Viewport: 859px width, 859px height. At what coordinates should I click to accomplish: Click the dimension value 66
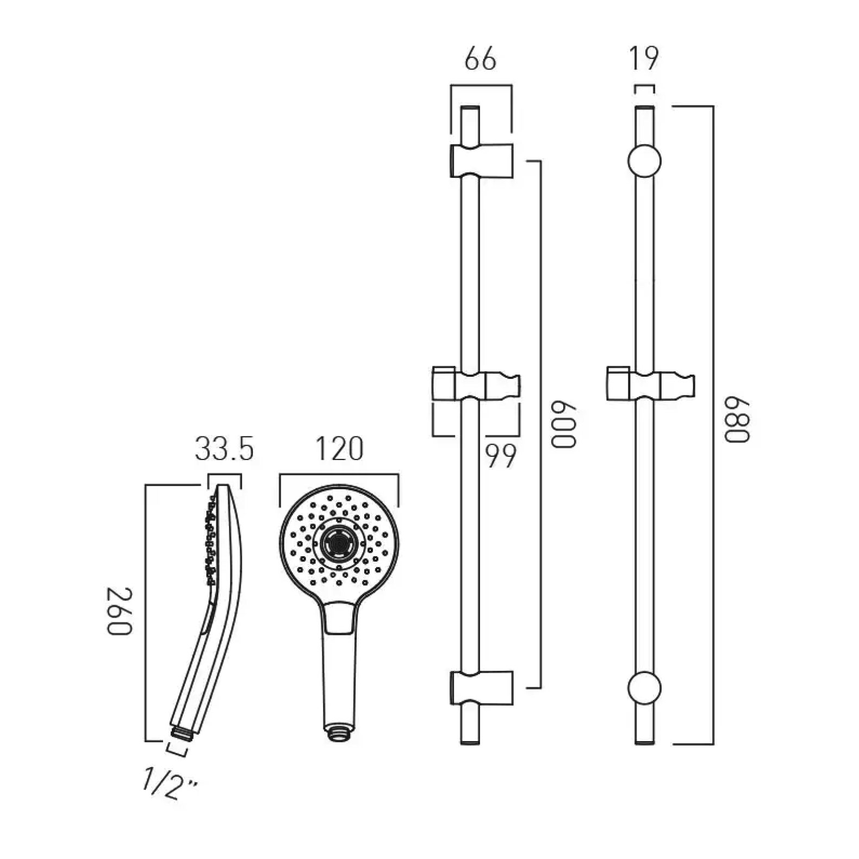point(481,59)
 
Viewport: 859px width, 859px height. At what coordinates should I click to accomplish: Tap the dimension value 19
point(645,59)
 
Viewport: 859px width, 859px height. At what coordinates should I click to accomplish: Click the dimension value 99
point(500,457)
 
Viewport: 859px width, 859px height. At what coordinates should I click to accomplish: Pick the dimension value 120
point(339,450)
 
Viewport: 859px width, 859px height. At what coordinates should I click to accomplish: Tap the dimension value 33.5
point(225,450)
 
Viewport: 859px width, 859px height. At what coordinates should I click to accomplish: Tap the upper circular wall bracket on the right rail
point(644,161)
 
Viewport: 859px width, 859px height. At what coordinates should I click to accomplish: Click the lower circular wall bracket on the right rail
point(644,687)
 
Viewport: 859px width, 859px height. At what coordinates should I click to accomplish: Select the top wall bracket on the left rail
point(481,160)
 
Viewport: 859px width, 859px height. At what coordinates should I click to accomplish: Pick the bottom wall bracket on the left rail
point(481,687)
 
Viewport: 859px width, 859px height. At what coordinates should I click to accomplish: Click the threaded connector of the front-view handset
point(339,732)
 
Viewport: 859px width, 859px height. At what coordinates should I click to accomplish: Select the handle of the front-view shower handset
point(339,674)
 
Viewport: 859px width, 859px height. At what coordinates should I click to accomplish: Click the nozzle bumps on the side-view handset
point(209,538)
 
